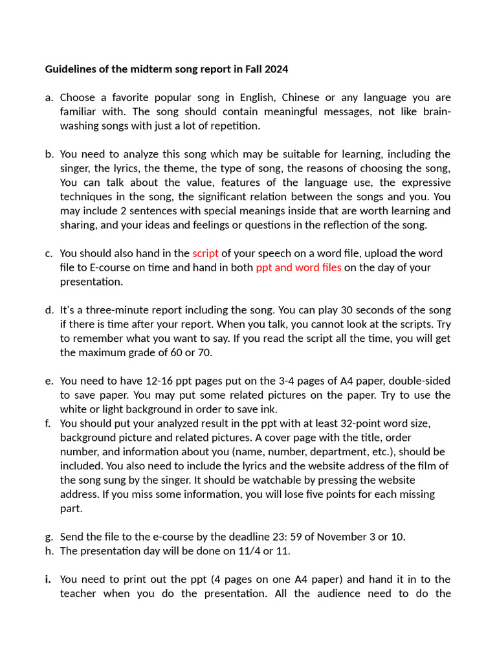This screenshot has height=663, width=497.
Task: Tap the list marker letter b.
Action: pos(49,154)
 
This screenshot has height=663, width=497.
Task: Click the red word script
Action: pos(205,253)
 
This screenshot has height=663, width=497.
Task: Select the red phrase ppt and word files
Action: pos(298,267)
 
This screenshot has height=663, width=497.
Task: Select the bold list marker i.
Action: pos(48,579)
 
